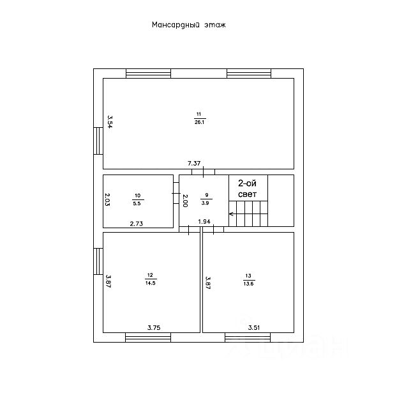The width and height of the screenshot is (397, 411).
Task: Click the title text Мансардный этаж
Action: (189, 26)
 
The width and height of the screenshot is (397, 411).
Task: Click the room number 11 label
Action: (198, 114)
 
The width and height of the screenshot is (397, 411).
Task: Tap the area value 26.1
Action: (199, 121)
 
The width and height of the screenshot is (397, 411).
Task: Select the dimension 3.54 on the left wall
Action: (110, 121)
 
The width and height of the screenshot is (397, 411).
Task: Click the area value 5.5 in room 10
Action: (137, 203)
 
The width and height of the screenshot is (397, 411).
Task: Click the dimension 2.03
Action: (108, 200)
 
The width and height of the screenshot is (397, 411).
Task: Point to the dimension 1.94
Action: (204, 222)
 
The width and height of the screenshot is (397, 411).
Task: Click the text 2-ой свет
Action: (248, 187)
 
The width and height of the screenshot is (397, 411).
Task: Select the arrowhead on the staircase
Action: (232, 213)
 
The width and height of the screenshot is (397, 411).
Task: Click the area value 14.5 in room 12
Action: (151, 282)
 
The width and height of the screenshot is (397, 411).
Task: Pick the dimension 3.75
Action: (153, 328)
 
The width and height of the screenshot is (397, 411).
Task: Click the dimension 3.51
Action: (254, 328)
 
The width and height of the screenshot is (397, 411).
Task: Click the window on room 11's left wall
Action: (99, 141)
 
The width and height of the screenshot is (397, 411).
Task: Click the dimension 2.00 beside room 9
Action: (185, 200)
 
